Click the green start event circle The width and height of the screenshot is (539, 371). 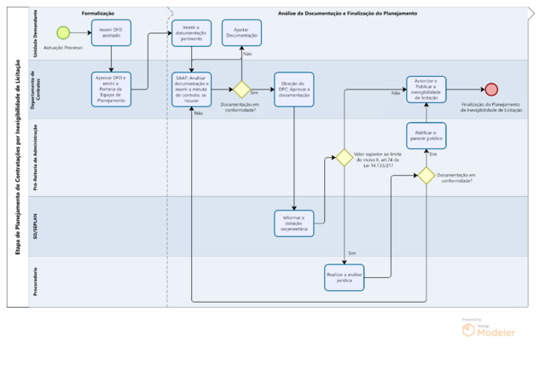(63, 32)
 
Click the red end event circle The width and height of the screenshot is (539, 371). (491, 89)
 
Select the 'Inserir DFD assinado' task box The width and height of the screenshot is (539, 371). (111, 32)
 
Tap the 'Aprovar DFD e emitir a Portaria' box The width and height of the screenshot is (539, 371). (111, 89)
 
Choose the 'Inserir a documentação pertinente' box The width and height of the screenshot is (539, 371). (192, 32)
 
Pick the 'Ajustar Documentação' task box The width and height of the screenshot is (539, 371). (241, 32)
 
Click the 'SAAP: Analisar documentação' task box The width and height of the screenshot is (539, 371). (192, 89)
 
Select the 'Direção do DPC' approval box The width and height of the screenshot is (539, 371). (294, 89)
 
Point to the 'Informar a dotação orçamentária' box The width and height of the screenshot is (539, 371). (294, 222)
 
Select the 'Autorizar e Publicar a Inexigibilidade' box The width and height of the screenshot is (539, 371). (425, 89)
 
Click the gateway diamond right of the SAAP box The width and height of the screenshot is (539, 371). (241, 90)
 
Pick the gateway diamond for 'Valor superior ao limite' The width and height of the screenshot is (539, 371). (345, 158)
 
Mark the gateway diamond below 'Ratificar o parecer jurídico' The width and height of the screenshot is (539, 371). (425, 175)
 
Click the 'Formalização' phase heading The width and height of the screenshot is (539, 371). (98, 14)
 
